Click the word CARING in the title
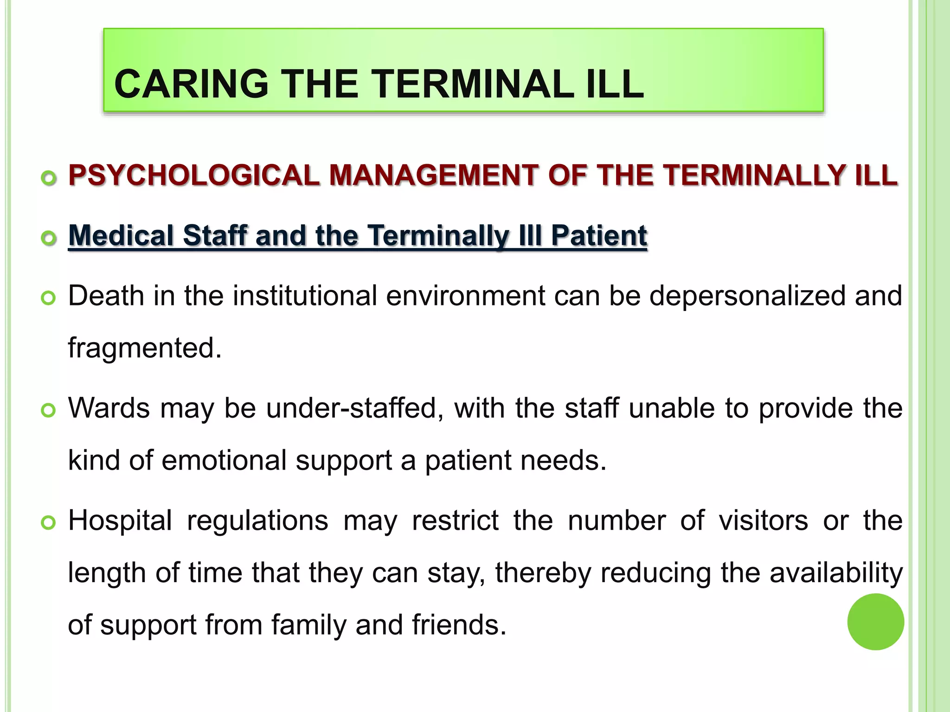tap(191, 84)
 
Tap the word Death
tap(106, 296)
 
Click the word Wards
tap(109, 408)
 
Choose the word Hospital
tap(120, 521)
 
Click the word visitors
tap(763, 521)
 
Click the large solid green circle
tap(875, 622)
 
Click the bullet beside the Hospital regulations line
tap(48, 523)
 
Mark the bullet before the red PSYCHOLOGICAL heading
tap(48, 178)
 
